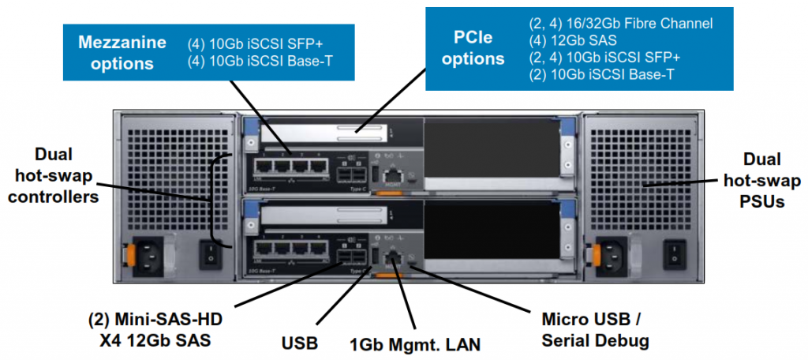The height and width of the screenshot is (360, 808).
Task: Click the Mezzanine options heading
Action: (122, 51)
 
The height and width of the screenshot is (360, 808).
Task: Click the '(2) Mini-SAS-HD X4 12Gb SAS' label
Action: (155, 329)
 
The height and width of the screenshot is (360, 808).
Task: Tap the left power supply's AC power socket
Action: (151, 254)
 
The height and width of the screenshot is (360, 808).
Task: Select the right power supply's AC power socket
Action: (618, 254)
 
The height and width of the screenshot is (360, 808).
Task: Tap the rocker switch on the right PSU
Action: (675, 254)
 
